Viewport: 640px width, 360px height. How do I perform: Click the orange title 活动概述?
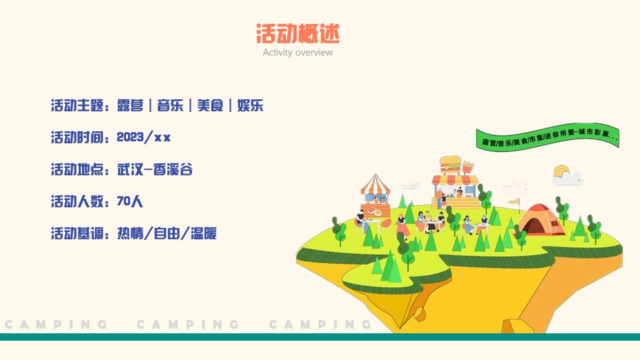pos(297,33)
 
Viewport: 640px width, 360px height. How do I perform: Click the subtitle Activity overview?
pos(297,53)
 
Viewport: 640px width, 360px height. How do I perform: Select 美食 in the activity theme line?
pos(210,105)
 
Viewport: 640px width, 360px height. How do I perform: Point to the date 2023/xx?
pos(143,137)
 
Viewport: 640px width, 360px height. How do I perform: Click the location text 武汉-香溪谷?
pos(155,169)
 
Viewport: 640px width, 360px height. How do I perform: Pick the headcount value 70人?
pos(130,201)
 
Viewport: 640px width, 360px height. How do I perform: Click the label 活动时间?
pos(77,137)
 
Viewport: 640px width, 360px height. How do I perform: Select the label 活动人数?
pos(77,201)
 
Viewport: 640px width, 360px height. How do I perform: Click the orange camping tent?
pos(541,219)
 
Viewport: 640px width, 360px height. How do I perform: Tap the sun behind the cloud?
pos(561,171)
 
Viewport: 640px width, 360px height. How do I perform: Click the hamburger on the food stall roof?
pos(450,164)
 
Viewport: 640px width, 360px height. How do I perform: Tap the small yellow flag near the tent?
pos(514,200)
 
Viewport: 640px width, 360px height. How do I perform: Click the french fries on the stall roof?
pos(468,165)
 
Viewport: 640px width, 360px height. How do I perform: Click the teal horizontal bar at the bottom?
pos(320,337)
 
